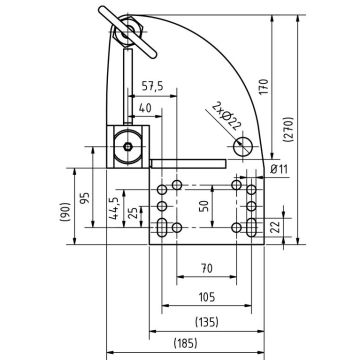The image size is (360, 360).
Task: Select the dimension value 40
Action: coord(147,107)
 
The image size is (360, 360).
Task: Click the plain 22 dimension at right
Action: coord(287,229)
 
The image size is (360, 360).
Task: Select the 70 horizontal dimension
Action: coord(205,269)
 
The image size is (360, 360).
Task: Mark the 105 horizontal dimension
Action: coord(205,297)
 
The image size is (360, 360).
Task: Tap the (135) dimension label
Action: coord(205,322)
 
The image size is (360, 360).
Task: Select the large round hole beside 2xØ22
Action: coord(243,147)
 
